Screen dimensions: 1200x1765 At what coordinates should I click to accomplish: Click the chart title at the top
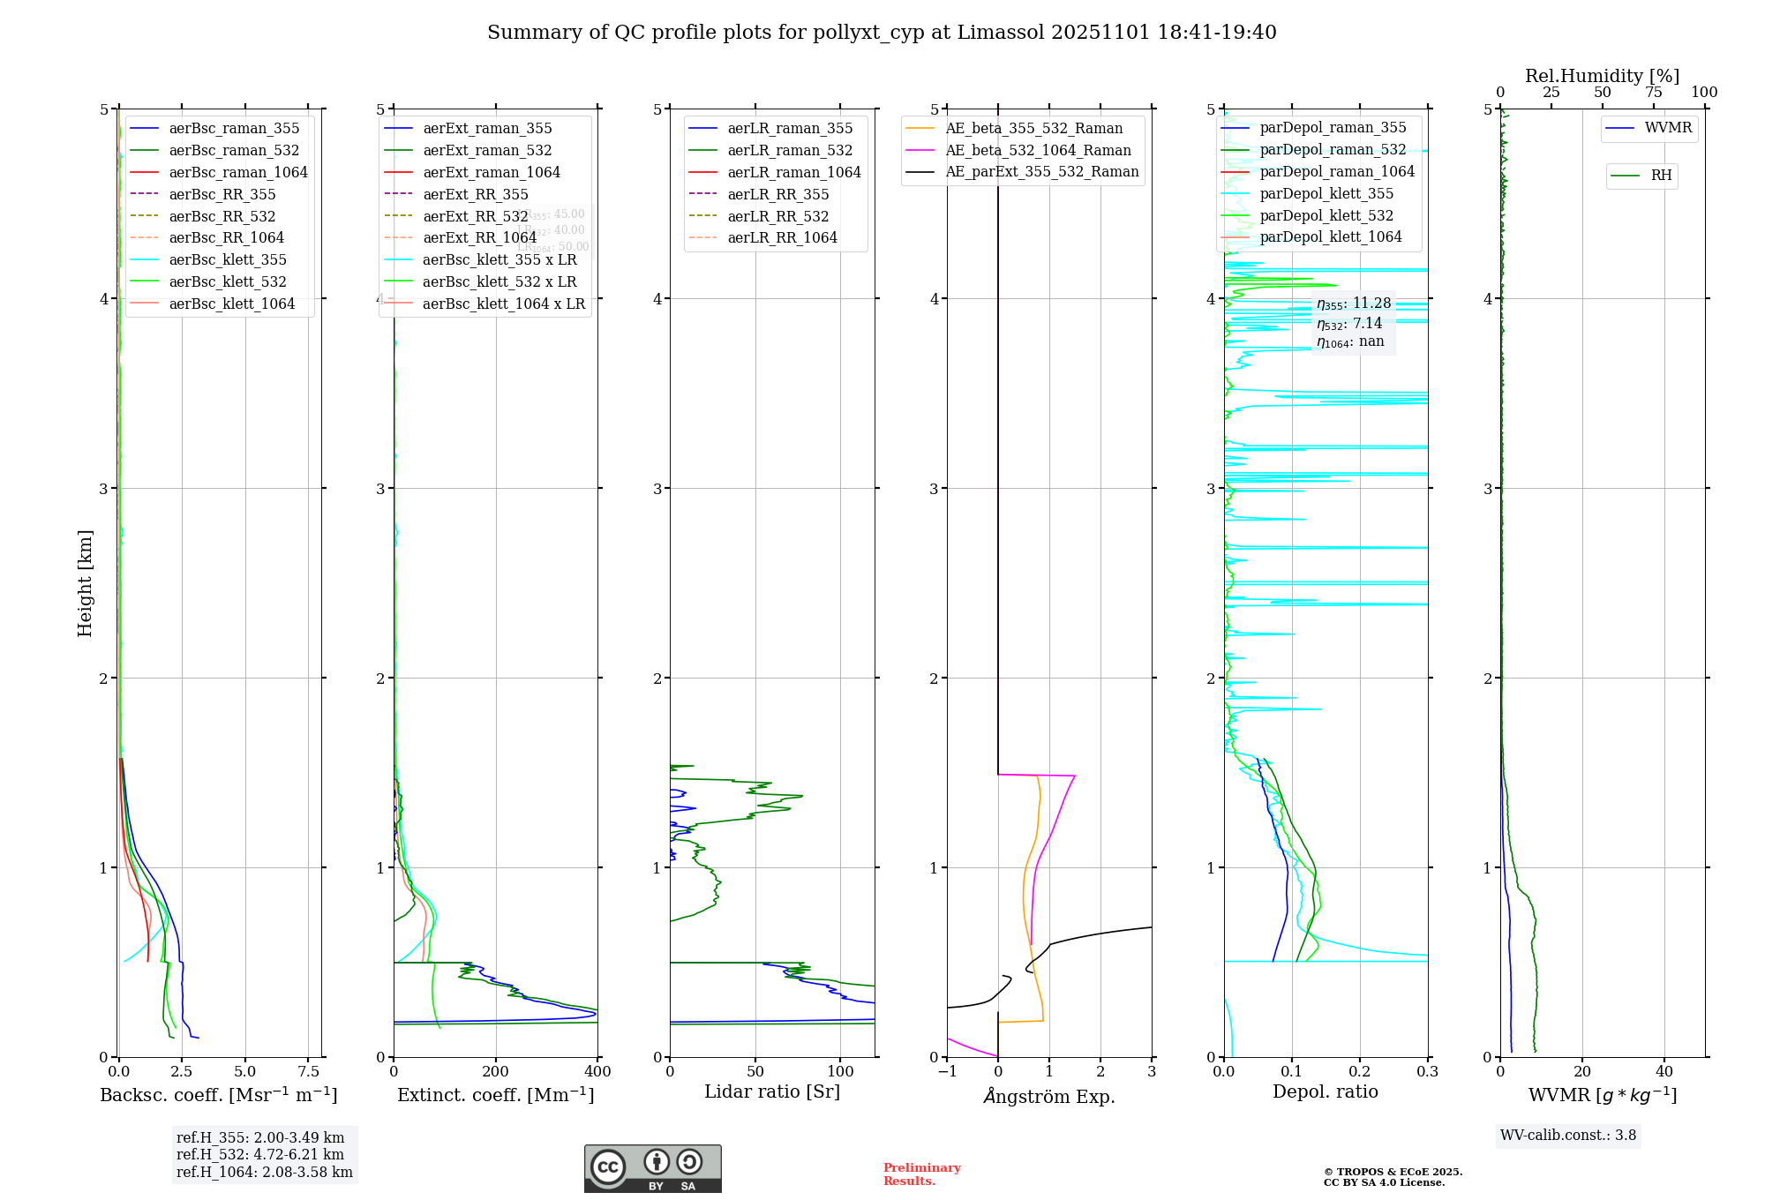(882, 33)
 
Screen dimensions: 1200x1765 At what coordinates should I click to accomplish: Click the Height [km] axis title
(85, 583)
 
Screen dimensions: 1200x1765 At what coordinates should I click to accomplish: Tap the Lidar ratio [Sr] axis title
(772, 1091)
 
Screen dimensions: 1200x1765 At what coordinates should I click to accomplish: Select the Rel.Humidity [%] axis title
(1602, 76)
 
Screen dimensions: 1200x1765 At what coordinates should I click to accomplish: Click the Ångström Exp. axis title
(1049, 1096)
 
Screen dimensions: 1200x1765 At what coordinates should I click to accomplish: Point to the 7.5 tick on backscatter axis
(309, 1071)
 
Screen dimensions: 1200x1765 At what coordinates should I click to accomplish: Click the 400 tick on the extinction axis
(597, 1071)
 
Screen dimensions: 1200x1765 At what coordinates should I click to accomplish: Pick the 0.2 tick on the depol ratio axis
(1360, 1071)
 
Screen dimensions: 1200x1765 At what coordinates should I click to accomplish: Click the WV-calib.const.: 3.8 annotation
(1568, 1136)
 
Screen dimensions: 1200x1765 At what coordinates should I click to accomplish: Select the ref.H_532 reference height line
(260, 1154)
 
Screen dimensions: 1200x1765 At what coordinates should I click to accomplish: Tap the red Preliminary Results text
(921, 1174)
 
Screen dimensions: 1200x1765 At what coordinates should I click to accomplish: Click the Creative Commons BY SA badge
(652, 1169)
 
